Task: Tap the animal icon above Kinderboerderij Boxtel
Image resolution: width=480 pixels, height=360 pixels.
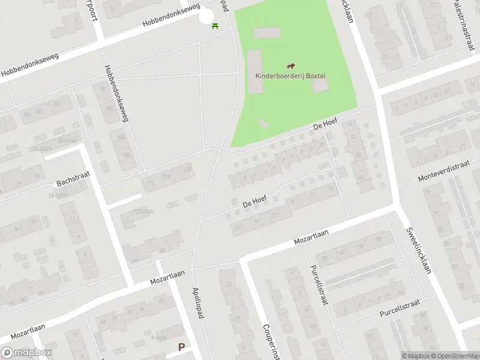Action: click(x=290, y=66)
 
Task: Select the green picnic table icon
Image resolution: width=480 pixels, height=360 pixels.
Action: click(x=215, y=25)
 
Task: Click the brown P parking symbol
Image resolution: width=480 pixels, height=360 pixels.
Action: click(x=181, y=347)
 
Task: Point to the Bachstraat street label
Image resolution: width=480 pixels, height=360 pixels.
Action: click(x=72, y=181)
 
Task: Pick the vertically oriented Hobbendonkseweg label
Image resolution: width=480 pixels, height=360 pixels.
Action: click(x=116, y=94)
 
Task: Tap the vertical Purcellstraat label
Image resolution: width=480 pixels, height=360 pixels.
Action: click(x=318, y=285)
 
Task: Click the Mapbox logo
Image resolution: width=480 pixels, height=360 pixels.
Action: click(x=26, y=353)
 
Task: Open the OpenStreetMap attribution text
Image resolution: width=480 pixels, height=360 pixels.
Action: click(x=455, y=356)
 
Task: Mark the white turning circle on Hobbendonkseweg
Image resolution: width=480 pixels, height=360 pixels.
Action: click(x=206, y=13)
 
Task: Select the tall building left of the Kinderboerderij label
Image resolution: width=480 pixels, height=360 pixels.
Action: click(x=254, y=71)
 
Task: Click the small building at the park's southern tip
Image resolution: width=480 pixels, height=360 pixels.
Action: click(x=263, y=124)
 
